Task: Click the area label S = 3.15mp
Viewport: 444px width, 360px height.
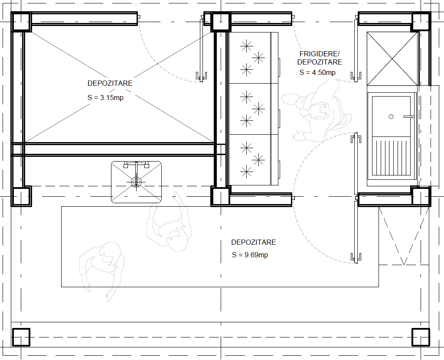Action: (105, 97)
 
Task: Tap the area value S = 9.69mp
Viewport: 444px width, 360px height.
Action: (250, 255)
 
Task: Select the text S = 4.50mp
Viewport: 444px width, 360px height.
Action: (317, 72)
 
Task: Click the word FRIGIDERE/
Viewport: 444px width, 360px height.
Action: (320, 54)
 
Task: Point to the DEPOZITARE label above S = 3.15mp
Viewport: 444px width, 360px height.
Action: (110, 83)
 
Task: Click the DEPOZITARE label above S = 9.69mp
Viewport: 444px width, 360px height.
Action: (253, 242)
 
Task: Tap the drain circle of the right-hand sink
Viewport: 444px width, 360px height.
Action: (391, 117)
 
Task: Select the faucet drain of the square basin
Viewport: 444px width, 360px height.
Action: (136, 182)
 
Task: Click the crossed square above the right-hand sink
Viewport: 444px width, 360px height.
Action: (392, 58)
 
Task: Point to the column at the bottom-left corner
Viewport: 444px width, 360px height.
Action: (21, 337)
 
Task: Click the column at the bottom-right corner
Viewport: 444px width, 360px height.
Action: (421, 337)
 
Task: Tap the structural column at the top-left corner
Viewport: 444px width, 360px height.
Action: (21, 22)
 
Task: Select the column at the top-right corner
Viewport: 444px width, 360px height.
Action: (421, 22)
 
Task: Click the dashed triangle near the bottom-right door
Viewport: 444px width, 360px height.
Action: (404, 236)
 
